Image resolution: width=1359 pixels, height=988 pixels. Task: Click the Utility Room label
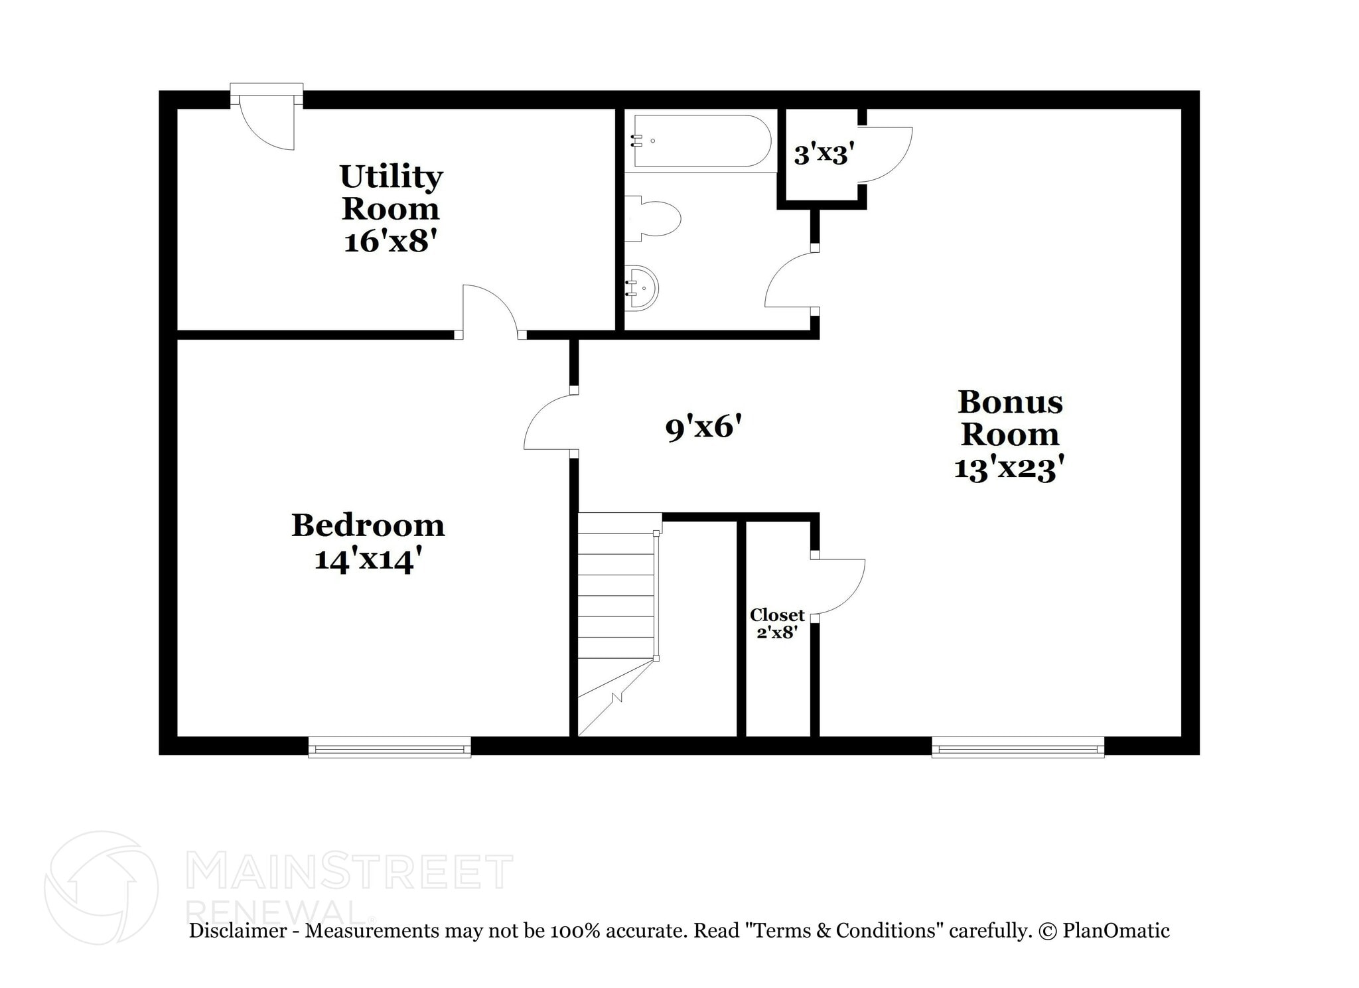(x=391, y=192)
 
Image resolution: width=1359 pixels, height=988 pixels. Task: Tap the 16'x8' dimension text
(x=391, y=240)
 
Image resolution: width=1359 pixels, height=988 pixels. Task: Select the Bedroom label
(x=368, y=526)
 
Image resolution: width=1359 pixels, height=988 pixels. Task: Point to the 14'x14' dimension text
(x=368, y=559)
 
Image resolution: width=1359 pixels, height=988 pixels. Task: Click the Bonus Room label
(x=1010, y=418)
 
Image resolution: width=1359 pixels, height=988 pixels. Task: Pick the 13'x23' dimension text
(x=1010, y=468)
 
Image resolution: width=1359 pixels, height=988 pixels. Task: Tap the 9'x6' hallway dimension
(x=703, y=427)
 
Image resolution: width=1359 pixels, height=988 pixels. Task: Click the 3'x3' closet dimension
(x=823, y=155)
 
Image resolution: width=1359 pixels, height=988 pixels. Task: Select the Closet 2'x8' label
(x=777, y=623)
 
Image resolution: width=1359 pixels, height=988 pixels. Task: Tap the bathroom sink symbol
(x=642, y=287)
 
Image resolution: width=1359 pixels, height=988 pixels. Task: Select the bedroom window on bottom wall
(x=390, y=748)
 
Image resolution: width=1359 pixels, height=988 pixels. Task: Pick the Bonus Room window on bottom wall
(x=1017, y=748)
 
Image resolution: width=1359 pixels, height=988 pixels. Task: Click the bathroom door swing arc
(x=790, y=281)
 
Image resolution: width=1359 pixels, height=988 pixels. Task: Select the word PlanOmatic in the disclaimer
(x=1115, y=931)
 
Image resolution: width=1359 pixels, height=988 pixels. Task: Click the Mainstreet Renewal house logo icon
(x=101, y=887)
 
